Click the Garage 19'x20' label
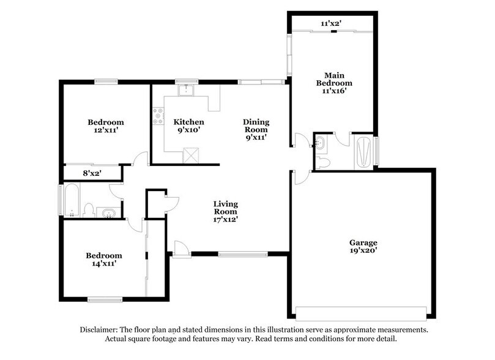pyautogui.click(x=363, y=246)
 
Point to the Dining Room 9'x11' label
pyautogui.click(x=257, y=129)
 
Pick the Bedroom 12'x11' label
pyautogui.click(x=105, y=126)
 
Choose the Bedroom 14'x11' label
pyautogui.click(x=103, y=259)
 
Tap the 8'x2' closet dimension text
pyautogui.click(x=92, y=173)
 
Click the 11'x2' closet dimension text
pyautogui.click(x=331, y=23)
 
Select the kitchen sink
pyautogui.click(x=185, y=91)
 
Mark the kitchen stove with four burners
pyautogui.click(x=158, y=114)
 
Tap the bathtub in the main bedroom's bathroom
pyautogui.click(x=362, y=151)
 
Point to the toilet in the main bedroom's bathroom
pyautogui.click(x=324, y=162)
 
